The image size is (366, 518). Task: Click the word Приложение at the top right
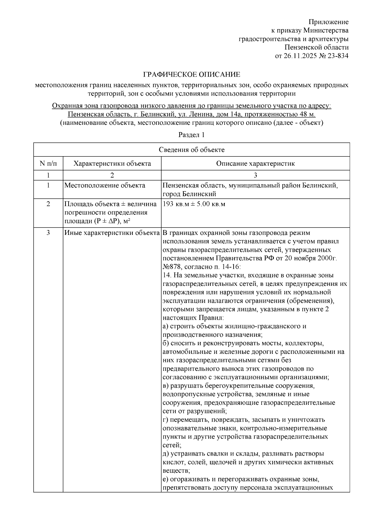[328, 22]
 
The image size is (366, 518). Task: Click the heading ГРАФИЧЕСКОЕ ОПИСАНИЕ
[192, 74]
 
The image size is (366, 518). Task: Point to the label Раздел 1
[191, 135]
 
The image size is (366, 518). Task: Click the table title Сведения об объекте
[192, 149]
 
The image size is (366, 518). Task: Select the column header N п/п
[48, 163]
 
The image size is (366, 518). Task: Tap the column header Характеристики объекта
[112, 163]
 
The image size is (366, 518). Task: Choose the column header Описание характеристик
[255, 163]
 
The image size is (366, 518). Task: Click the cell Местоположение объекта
[105, 185]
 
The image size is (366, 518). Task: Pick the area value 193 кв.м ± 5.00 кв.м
[194, 204]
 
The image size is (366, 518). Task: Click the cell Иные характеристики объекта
[112, 233]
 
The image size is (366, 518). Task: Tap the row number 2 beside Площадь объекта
[48, 204]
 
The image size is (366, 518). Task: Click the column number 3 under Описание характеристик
[255, 175]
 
